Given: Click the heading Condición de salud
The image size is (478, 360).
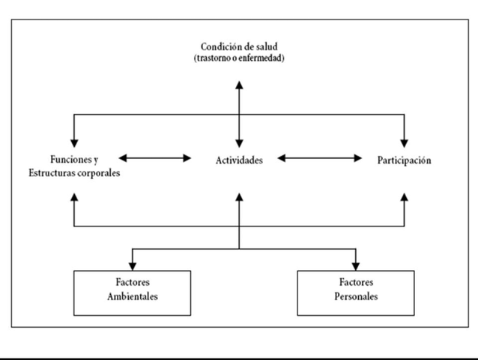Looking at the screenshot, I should coord(239,47).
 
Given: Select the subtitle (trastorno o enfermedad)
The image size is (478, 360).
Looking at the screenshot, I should coord(239,60).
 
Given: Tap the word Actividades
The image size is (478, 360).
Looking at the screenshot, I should coord(238,160).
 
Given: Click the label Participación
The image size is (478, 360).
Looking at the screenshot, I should coord(404,160).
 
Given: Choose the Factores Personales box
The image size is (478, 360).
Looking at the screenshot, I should coord(356,292).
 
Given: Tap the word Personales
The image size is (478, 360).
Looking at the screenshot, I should coord(356,297).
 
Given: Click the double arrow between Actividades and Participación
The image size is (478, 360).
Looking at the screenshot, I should coord(320,158).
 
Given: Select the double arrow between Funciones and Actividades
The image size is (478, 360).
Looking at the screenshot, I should coord(155,158).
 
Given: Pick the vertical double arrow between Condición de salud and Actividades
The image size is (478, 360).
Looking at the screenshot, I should coord(239,112).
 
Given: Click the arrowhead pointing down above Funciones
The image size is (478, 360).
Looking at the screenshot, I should coord(74,141).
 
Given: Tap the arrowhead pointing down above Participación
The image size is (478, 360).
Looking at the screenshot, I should coord(405,141).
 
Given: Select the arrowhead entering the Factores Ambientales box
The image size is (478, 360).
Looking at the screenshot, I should coord(132,265).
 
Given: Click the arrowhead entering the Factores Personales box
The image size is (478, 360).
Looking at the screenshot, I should coord(355,265).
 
